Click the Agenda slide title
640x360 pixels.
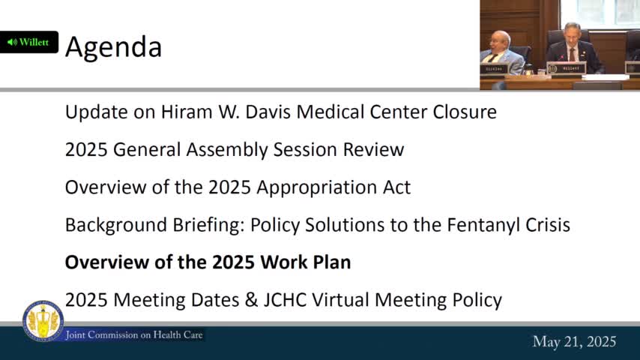coord(113,46)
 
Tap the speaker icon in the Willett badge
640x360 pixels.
coord(12,42)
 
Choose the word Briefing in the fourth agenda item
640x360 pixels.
coord(207,224)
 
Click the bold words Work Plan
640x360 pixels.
coord(305,262)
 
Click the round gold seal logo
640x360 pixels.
coord(43,321)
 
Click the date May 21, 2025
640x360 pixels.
coord(574,342)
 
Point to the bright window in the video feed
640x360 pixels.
coord(610,13)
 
